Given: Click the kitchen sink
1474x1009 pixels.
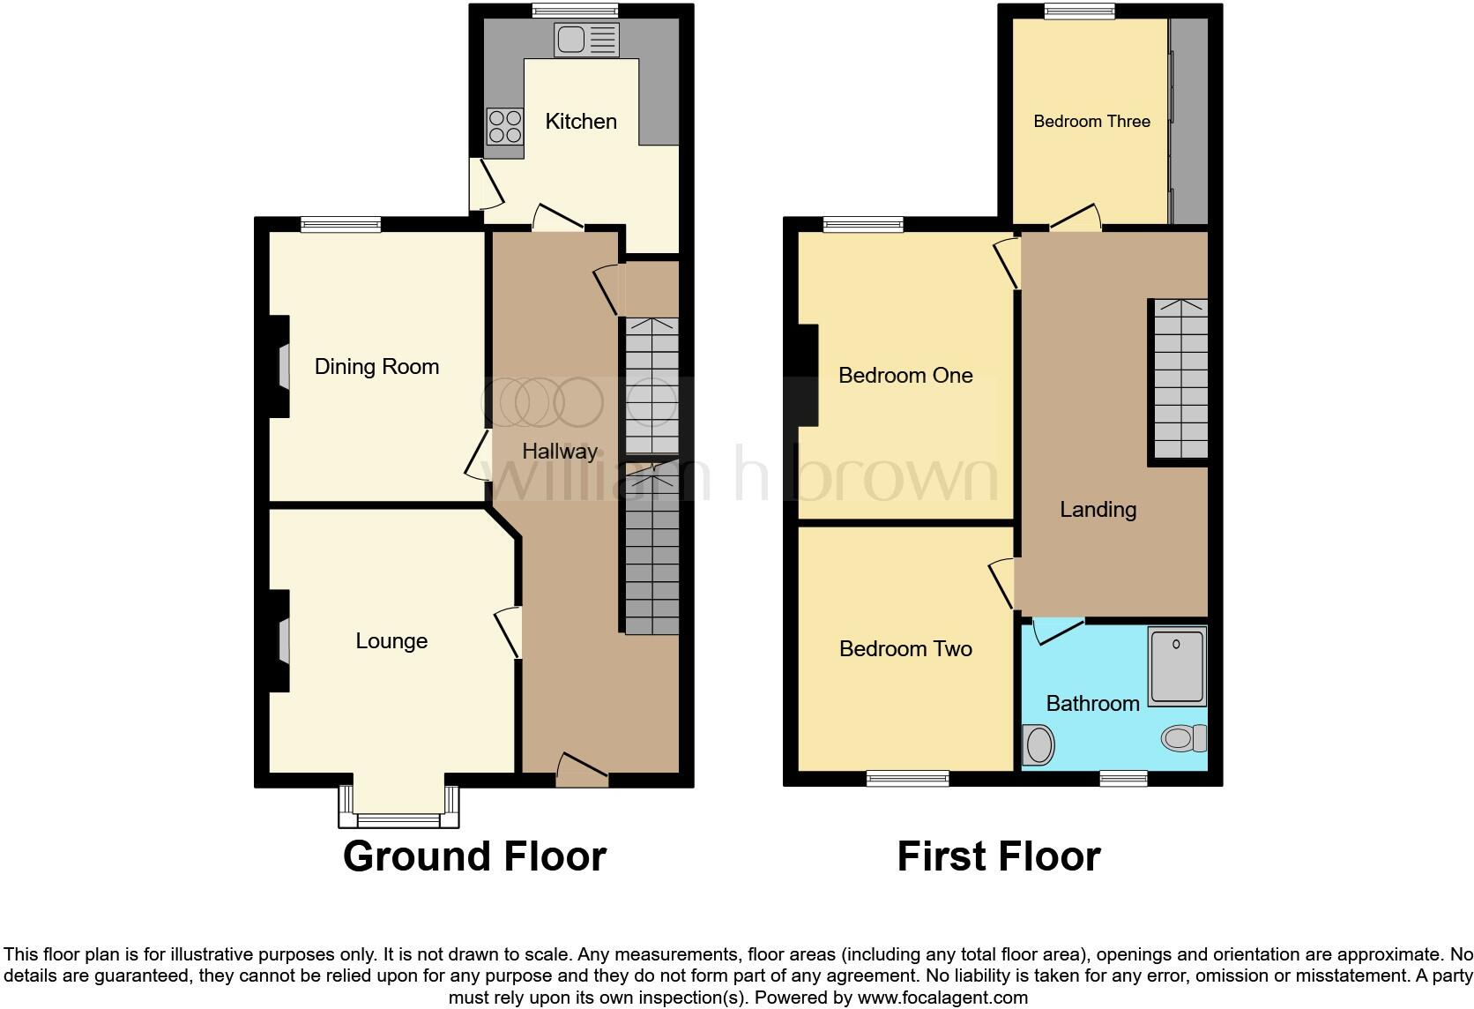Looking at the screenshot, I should click(586, 40).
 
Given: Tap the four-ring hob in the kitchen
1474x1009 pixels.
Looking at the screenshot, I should click(504, 125).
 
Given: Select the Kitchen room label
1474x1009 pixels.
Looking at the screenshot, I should click(580, 122).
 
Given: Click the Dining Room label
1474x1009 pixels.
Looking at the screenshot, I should click(376, 367).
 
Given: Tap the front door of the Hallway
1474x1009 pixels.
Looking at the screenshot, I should click(582, 770).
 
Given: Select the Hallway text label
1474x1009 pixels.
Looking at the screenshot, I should click(559, 452).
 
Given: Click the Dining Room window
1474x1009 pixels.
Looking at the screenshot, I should click(341, 225).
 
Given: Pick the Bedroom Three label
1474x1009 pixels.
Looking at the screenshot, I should click(1091, 122).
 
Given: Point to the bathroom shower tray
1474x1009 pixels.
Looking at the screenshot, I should click(1177, 666).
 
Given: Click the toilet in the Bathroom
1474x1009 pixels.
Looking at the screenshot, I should click(1183, 737).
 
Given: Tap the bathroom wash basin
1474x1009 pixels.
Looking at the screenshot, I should click(1038, 744).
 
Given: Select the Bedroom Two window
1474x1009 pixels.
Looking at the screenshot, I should click(907, 778).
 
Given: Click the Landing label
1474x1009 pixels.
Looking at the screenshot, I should click(1098, 510).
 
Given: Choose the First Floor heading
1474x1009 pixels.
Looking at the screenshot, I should click(998, 856).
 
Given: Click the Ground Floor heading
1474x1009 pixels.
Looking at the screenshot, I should click(474, 856).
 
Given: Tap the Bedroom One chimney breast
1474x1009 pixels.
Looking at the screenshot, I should click(807, 375).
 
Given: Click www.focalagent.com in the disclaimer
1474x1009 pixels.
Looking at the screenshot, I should click(942, 998).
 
